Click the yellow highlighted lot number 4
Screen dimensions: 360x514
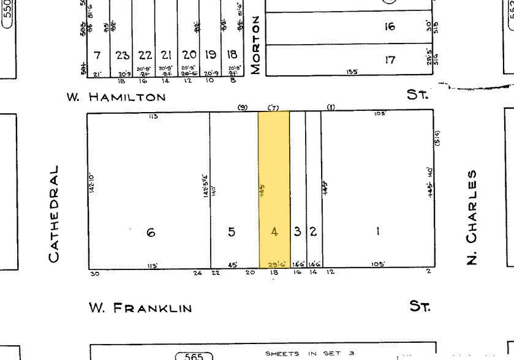click(274, 232)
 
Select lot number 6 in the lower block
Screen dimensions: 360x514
click(151, 232)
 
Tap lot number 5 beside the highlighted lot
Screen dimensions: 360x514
click(232, 232)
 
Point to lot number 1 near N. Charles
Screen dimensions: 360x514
click(378, 231)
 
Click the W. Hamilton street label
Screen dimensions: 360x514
click(117, 97)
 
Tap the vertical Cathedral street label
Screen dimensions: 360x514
click(55, 213)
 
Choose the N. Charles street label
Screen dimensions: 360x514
click(472, 217)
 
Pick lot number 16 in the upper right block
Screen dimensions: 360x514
click(390, 26)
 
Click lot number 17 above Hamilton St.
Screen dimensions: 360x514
click(390, 60)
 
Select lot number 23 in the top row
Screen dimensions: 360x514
click(123, 56)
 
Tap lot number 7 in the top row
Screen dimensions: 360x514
click(97, 56)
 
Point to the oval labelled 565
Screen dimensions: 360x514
click(194, 356)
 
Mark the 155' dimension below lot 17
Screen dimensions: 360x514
click(352, 72)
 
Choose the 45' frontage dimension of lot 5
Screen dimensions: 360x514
click(233, 265)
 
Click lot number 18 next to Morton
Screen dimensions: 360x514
click(232, 55)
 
